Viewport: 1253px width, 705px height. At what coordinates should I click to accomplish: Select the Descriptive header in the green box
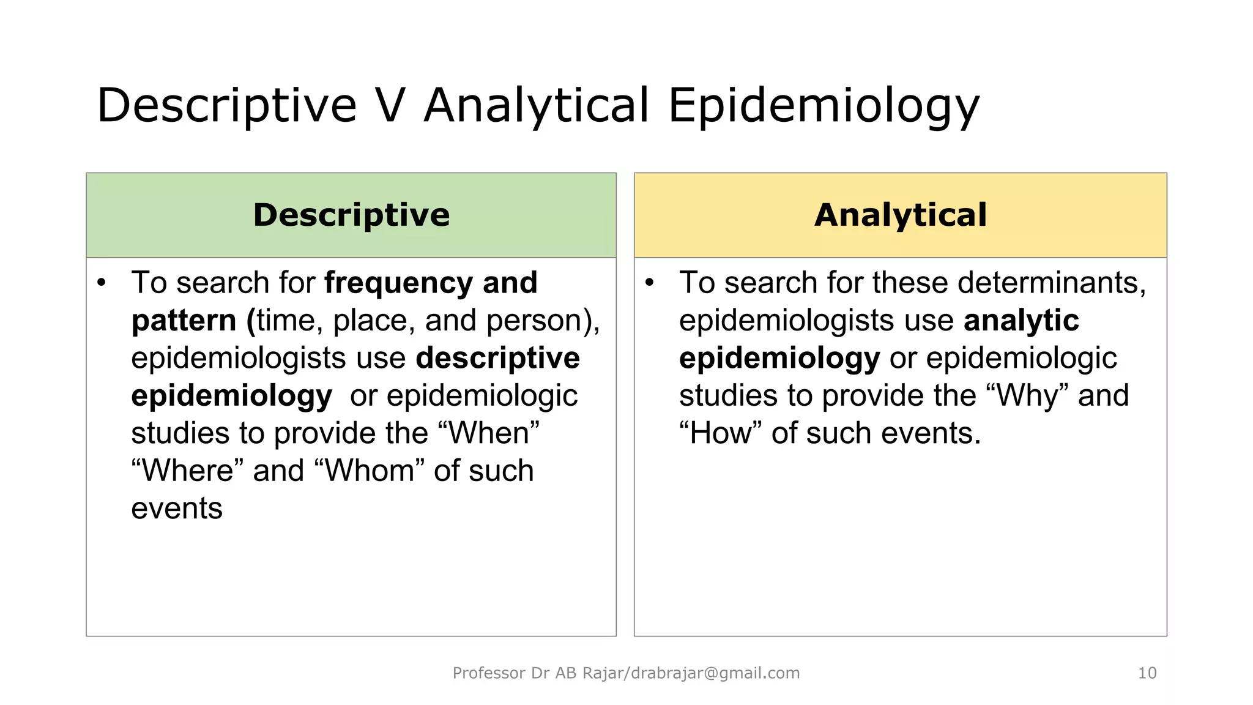351,215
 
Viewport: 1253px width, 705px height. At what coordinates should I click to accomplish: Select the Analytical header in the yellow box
900,215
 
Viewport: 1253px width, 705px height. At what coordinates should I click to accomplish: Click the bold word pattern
184,321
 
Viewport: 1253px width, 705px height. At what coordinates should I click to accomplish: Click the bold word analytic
1021,321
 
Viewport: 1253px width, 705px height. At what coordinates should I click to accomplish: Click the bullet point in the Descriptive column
102,283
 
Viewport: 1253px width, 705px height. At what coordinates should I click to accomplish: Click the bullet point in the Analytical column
650,283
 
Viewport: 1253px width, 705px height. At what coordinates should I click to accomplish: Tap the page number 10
1147,673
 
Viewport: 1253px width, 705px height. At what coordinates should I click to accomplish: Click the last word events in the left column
177,509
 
